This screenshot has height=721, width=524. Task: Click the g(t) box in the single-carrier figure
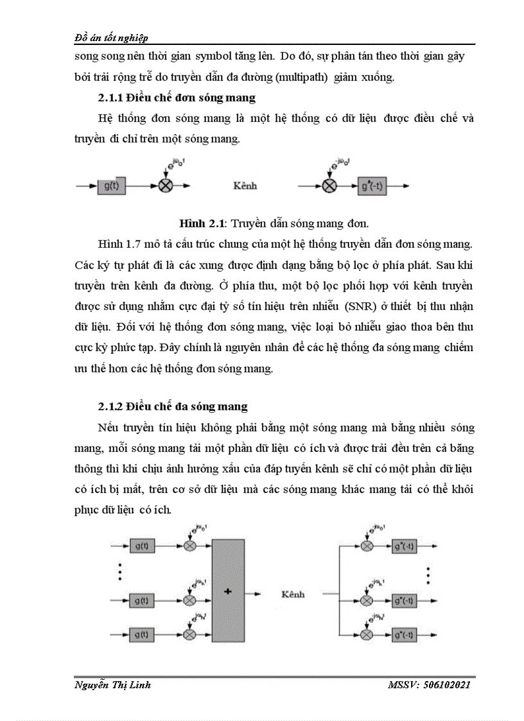[111, 186]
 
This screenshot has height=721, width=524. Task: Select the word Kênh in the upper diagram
[244, 186]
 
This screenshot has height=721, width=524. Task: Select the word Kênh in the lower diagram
[293, 594]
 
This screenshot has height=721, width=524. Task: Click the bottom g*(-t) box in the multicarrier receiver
[408, 634]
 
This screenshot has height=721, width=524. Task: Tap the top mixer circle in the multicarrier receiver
[367, 545]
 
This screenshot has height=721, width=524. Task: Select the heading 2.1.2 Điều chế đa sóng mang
[173, 406]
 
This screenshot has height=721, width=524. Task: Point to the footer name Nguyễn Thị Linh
[113, 685]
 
